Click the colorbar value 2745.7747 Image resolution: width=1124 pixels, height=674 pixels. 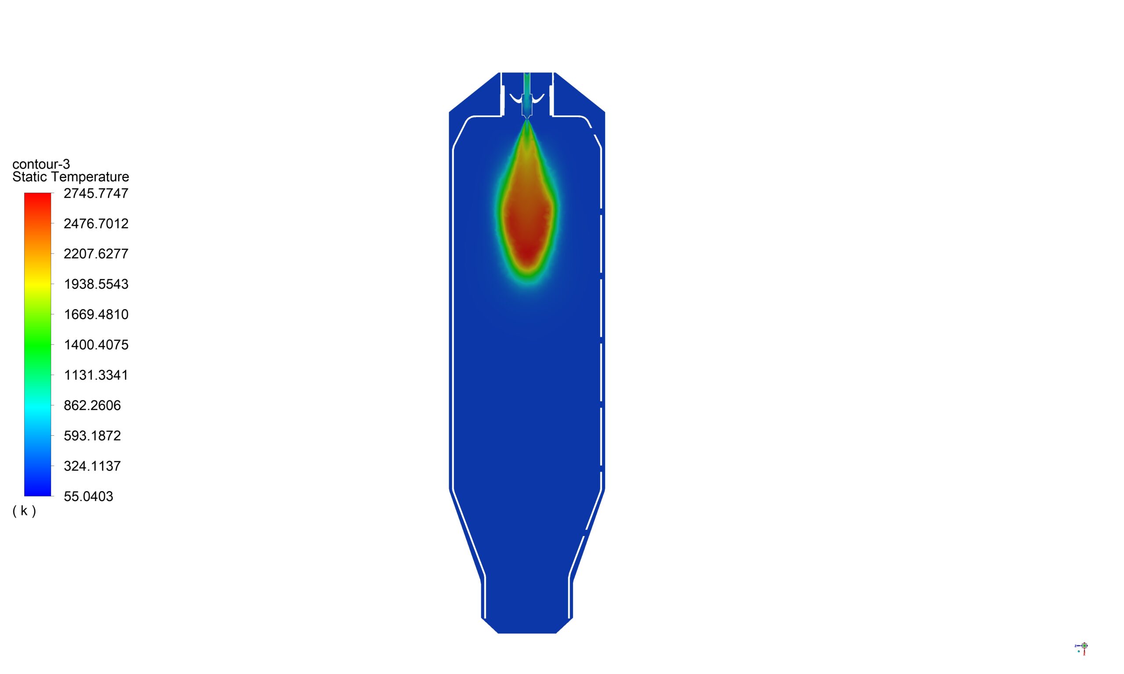point(96,194)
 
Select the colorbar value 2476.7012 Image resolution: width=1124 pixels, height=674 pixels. point(96,223)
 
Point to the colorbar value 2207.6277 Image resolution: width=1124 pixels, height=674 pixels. point(96,254)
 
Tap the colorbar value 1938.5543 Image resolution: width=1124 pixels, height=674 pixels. point(96,284)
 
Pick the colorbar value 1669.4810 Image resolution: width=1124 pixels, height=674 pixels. point(96,314)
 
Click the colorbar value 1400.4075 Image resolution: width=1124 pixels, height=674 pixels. point(96,345)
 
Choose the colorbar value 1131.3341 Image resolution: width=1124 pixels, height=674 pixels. point(96,375)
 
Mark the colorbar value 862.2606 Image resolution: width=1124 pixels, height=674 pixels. point(92,405)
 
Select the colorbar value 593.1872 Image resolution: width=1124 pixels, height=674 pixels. point(92,436)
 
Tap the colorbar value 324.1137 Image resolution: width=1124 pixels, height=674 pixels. point(92,466)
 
